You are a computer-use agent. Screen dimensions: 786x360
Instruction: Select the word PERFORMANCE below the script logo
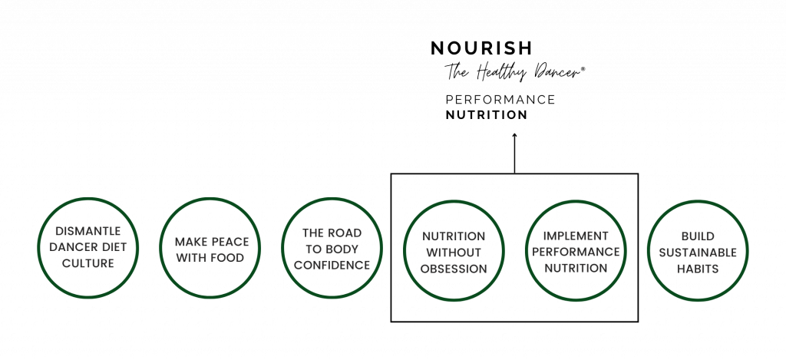(x=500, y=100)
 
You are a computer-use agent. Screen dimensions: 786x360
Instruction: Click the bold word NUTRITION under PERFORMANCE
(x=486, y=115)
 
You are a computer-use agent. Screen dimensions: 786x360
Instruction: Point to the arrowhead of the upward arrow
(x=514, y=134)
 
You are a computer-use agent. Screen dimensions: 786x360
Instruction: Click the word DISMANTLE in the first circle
(x=88, y=231)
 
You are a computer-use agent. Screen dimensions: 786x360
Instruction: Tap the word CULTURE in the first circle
(x=88, y=263)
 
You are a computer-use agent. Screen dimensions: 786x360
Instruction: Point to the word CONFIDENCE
(x=332, y=266)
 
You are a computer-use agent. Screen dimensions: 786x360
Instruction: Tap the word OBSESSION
(x=454, y=269)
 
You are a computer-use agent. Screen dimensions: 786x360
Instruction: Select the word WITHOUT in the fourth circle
(x=454, y=253)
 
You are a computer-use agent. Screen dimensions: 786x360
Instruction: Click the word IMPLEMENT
(x=576, y=236)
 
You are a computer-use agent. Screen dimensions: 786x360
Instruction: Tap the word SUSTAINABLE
(x=698, y=253)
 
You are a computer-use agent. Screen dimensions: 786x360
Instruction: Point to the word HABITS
(x=698, y=269)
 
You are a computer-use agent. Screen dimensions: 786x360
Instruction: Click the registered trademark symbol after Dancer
(x=582, y=71)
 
